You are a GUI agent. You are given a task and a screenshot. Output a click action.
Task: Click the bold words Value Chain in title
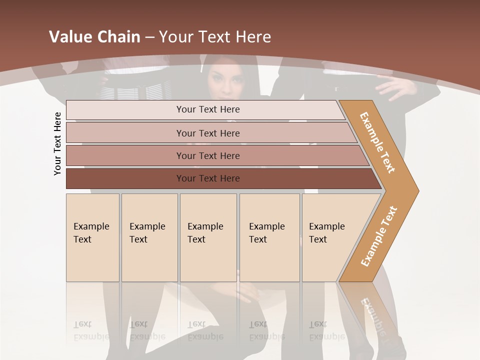pos(94,37)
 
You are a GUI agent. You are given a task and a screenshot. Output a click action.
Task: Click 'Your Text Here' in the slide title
pos(215,37)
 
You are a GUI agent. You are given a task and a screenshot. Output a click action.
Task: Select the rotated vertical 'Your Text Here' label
pos(57,143)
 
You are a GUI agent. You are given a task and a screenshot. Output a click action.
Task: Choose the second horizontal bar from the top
pos(208,133)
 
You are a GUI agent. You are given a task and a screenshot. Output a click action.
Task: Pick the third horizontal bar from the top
pos(208,155)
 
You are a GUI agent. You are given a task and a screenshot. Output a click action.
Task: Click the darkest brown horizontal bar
pos(208,178)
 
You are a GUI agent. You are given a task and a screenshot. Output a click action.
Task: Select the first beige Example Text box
pos(92,237)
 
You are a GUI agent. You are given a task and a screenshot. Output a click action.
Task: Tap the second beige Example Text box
pos(149,237)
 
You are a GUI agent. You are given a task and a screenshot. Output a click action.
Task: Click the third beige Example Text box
pos(208,237)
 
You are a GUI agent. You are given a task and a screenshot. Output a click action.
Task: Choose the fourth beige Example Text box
pos(269,237)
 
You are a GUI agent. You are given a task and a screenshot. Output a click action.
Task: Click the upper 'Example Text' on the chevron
pos(377,142)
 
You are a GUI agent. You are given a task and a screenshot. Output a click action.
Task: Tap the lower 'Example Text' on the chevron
pos(379,236)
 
